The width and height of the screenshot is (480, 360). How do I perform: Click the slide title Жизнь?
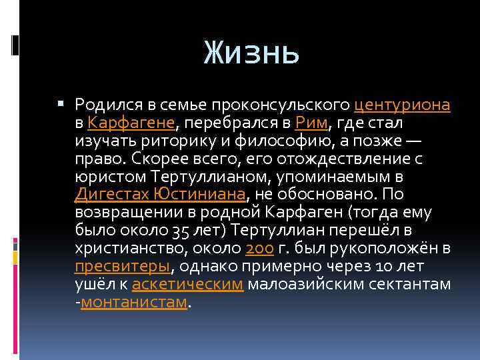(x=251, y=51)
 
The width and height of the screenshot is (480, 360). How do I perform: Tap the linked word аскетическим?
(x=189, y=285)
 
